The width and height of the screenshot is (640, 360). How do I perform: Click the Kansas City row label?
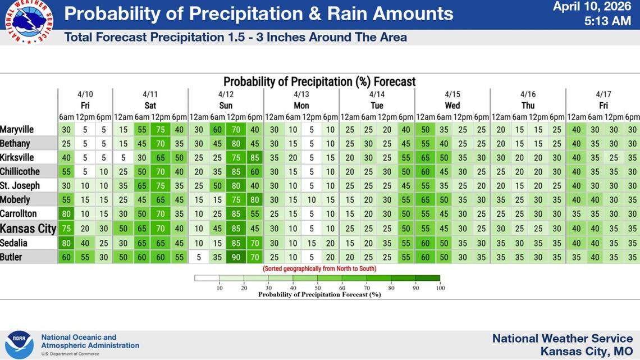pos(28,229)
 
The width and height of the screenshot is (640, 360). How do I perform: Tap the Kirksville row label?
pos(17,157)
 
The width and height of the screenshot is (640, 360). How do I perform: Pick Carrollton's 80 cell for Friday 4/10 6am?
pos(66,214)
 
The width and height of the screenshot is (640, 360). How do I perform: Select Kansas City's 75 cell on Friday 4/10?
pos(66,229)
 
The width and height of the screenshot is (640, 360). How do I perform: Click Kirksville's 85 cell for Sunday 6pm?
pos(254,157)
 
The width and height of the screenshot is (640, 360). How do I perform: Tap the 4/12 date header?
pos(226,94)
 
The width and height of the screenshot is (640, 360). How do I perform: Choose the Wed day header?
pos(452,106)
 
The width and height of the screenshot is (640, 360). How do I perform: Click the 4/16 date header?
pos(528,94)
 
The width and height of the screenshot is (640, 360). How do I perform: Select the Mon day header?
pos(301,106)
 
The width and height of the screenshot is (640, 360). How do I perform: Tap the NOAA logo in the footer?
pos(19,344)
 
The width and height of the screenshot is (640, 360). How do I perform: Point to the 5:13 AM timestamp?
pos(607,21)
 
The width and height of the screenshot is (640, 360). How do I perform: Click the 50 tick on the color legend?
pos(317,288)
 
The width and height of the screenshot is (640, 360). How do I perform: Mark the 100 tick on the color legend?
pos(440,288)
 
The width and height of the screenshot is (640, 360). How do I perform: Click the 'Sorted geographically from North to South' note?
pos(320,268)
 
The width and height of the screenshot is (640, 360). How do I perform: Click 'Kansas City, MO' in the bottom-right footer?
pos(586,351)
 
